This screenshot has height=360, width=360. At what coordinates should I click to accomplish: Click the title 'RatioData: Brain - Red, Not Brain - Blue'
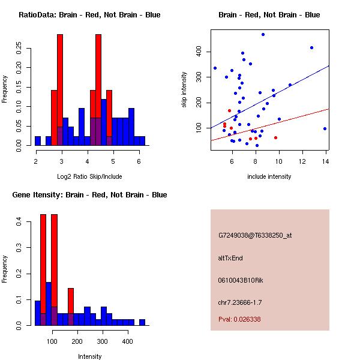point(89,15)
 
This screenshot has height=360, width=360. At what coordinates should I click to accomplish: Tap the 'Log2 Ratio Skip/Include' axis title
point(89,176)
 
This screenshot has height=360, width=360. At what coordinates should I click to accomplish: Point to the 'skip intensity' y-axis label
point(184,89)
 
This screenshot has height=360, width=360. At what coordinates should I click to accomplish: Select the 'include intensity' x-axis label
point(269,176)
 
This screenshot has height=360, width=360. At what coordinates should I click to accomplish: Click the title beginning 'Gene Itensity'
point(89,195)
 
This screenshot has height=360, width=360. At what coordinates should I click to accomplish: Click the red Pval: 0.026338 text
point(239,319)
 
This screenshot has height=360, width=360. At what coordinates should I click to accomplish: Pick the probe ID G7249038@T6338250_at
point(255,235)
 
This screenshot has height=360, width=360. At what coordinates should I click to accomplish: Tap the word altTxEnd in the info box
point(230,258)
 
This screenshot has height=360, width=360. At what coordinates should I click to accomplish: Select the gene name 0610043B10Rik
point(241,280)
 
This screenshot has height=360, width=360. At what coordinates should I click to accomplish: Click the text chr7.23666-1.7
point(240,302)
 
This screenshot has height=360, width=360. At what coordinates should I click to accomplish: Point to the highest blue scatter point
point(263,34)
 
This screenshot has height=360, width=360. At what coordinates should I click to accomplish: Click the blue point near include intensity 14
point(325,129)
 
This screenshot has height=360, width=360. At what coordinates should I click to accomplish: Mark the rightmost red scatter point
point(276,138)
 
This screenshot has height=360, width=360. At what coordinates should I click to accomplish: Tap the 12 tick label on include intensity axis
point(302,161)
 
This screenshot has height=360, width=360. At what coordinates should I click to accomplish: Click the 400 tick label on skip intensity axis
point(199,51)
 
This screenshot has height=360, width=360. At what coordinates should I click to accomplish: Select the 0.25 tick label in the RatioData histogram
point(19,48)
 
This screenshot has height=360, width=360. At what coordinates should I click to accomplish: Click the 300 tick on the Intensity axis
point(103,341)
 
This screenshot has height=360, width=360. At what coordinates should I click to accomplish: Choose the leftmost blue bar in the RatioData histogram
point(38,141)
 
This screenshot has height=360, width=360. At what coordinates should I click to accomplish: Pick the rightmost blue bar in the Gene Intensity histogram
point(142,322)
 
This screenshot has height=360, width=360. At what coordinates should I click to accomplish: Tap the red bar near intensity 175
point(71,301)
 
